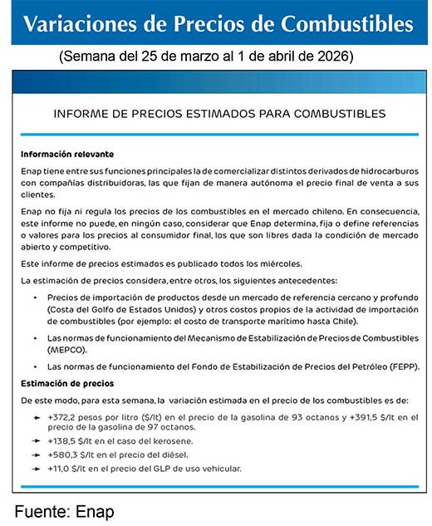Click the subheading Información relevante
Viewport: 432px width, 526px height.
(x=67, y=155)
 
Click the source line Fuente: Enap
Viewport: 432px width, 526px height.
(x=64, y=511)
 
